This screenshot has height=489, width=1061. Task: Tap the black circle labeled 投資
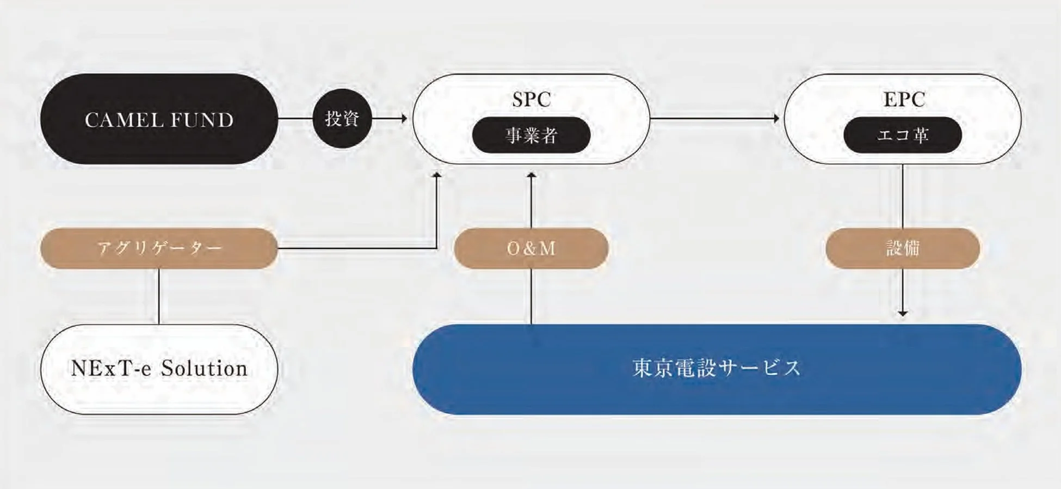(x=342, y=118)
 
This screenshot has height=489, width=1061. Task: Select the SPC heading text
(x=531, y=99)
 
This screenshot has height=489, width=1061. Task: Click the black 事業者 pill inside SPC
(x=531, y=135)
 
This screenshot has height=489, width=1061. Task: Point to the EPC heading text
(x=904, y=99)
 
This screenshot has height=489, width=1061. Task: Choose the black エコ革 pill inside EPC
(x=903, y=135)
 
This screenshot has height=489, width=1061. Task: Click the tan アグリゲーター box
(x=159, y=248)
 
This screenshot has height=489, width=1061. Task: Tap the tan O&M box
(x=531, y=248)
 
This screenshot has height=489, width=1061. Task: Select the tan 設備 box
(x=903, y=248)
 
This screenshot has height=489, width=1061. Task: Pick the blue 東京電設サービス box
(x=717, y=369)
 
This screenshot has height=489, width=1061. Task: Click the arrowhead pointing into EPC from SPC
(x=776, y=118)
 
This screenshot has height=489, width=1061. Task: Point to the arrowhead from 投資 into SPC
(x=404, y=118)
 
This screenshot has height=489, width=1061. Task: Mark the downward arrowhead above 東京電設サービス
(x=903, y=313)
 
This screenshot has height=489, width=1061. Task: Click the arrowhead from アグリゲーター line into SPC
(x=436, y=175)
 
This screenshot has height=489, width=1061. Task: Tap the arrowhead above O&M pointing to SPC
(x=532, y=175)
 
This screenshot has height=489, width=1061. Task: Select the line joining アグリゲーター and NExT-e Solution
(x=159, y=297)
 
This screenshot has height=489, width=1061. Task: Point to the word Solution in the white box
(x=204, y=369)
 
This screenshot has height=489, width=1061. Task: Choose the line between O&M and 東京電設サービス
(x=532, y=297)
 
